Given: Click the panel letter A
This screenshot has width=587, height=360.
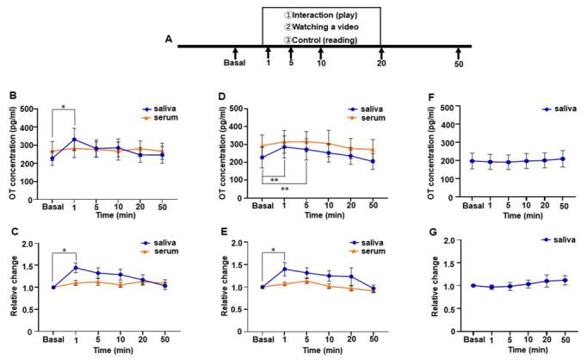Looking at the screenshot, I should point(170,39).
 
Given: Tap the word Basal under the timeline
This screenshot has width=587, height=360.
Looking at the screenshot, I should point(234,63).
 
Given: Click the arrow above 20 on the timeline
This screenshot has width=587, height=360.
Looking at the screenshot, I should point(381,53).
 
